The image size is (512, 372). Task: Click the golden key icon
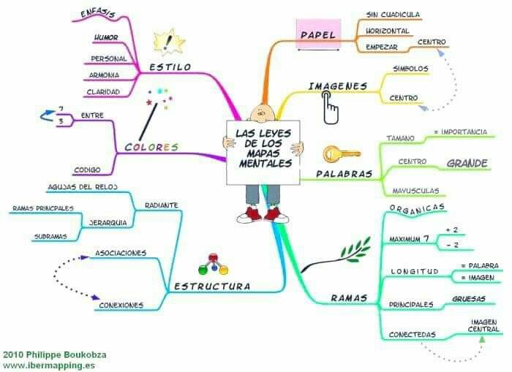tap(341, 154)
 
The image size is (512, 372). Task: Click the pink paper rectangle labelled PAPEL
tap(318, 35)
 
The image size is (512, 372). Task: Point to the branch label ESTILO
tap(170, 67)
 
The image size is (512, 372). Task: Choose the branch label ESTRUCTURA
tap(211, 286)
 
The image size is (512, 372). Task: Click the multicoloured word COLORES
tap(151, 147)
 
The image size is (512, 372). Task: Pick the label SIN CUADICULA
tap(393, 14)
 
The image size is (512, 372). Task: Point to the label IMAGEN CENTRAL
tap(483, 326)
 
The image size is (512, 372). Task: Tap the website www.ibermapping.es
tap(49, 365)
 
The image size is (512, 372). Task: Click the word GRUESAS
tap(469, 299)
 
